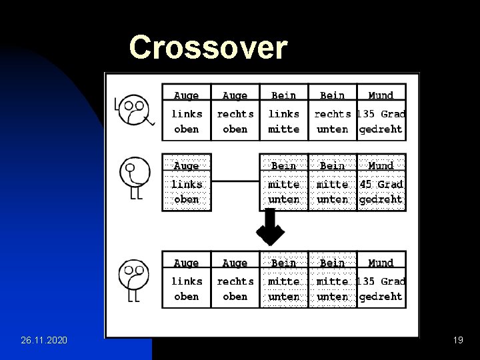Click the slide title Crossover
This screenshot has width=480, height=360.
pos(208,47)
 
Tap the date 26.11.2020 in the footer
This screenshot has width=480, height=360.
pos(44,341)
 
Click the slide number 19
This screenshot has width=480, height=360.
pos(457,341)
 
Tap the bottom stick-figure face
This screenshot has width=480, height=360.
pos(133,275)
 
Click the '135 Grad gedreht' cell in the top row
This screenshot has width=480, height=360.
pos(381,121)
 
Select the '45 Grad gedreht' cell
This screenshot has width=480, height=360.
pos(381,191)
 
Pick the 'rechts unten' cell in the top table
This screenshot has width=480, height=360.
pos(332,121)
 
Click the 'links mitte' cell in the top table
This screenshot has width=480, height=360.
pos(283,121)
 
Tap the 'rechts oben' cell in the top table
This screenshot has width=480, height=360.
pos(235,121)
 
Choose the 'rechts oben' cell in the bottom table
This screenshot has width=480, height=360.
pos(235,289)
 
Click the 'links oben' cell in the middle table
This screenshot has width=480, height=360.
pos(186,191)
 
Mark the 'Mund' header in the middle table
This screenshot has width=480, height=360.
pos(381,165)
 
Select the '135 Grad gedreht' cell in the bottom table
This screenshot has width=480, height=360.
pos(381,289)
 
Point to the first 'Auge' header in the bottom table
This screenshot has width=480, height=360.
pos(186,263)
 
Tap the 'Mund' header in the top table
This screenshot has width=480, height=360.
pos(381,95)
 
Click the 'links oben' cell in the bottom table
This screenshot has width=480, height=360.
pos(186,289)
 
